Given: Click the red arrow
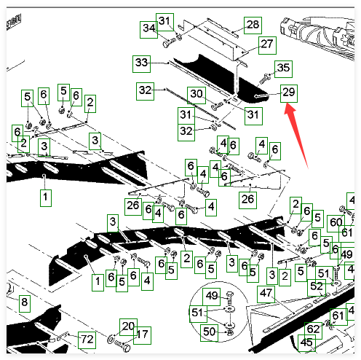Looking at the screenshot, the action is click(x=297, y=135).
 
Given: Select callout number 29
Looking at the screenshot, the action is click(x=289, y=93).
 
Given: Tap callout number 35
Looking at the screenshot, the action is click(x=283, y=69).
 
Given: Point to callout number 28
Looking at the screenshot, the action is click(x=253, y=26).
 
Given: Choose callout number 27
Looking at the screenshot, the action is click(x=267, y=45).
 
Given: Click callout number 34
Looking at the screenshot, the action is click(x=148, y=30).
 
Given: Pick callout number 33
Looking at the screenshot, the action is click(x=141, y=64).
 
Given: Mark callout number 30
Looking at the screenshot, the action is click(x=197, y=95).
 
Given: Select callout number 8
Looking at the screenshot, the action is click(x=25, y=303).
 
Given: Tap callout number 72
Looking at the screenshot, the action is click(x=87, y=340).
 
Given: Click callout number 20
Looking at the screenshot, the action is click(x=128, y=327).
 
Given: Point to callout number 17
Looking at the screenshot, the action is click(x=142, y=335).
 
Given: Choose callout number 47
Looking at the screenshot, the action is click(x=266, y=294).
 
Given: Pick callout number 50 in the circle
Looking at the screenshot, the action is click(x=209, y=333).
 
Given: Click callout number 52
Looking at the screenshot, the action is click(x=317, y=288).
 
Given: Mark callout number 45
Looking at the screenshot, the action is click(x=306, y=343).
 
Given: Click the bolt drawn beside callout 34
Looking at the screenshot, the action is click(x=169, y=43).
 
